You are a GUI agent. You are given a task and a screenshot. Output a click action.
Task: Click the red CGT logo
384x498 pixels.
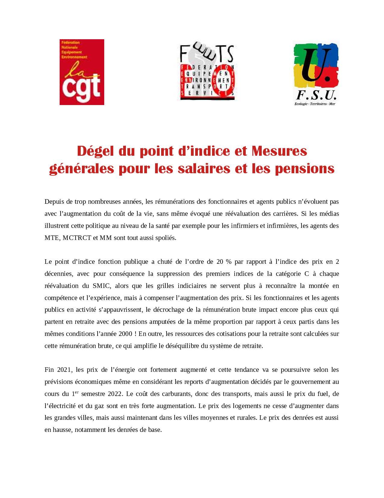coord(82,72)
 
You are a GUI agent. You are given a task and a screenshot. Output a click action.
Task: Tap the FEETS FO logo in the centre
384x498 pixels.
coord(207,72)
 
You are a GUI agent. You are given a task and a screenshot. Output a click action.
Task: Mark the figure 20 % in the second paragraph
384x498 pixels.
coord(224,261)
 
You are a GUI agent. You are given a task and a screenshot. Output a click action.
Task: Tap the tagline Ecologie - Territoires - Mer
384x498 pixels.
coord(315,104)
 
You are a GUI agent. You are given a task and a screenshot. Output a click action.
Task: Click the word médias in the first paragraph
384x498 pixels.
coord(328,213)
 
